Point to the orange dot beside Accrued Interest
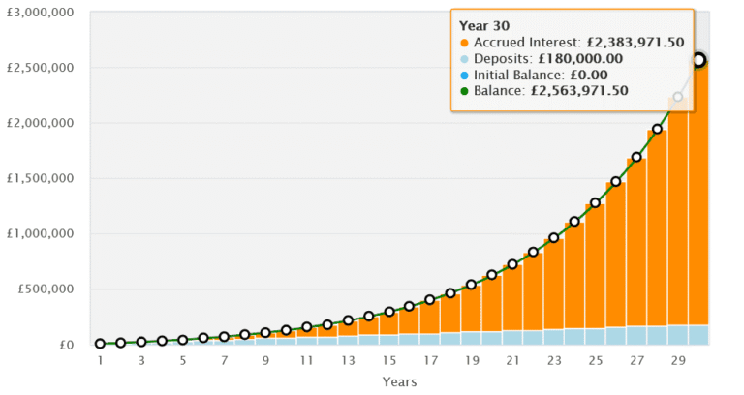tap(464, 43)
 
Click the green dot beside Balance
tap(464, 91)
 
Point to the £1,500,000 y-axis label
tap(41, 179)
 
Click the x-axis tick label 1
tap(100, 360)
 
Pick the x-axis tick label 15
tap(388, 360)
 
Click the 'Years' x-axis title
tap(398, 380)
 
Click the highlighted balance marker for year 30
tap(698, 60)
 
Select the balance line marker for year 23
tap(554, 237)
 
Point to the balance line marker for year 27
tap(636, 157)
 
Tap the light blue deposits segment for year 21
tap(512, 337)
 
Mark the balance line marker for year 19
tap(472, 285)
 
